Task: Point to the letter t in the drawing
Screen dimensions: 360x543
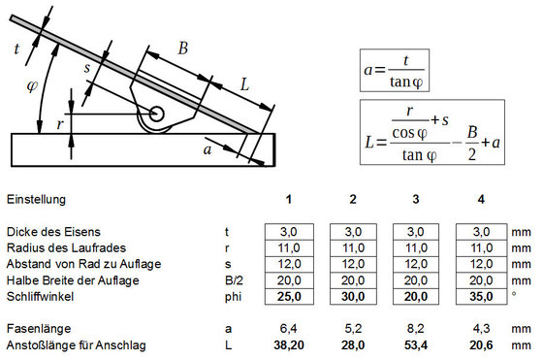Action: tap(16, 46)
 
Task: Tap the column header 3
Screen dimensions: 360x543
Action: tap(415, 200)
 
